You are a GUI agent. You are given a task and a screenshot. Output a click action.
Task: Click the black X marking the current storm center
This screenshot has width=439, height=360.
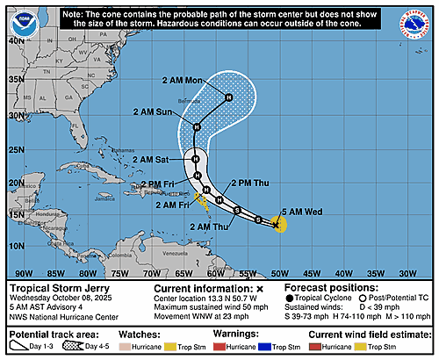(276, 225)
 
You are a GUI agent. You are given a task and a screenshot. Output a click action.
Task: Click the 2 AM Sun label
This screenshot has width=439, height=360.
(153, 112)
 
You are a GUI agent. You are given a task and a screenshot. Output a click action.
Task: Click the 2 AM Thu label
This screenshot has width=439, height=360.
(209, 227)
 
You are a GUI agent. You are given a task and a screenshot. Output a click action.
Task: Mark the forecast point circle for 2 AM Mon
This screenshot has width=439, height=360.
(228, 97)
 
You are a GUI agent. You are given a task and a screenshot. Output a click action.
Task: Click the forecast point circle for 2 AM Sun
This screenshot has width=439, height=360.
(198, 127)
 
